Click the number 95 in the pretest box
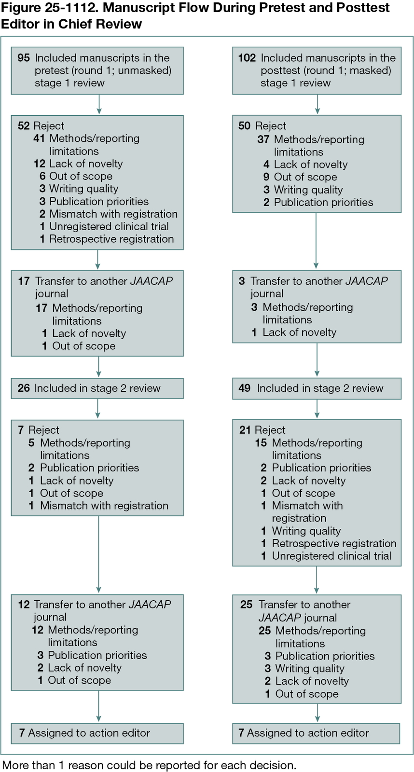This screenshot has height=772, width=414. pos(24,58)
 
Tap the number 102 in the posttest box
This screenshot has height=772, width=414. pos(247,58)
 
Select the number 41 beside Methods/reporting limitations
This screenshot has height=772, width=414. pos(39,138)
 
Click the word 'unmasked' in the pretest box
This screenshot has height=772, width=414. pos(145,70)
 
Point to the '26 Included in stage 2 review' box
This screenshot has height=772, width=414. pos(97,388)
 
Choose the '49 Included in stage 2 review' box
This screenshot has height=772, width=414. pos(317,388)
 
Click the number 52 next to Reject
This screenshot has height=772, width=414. pos(24,126)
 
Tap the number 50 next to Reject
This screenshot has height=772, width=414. pos(244,126)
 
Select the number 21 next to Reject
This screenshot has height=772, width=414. pos(245,430)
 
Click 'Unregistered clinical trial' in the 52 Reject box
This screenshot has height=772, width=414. pos(109,226)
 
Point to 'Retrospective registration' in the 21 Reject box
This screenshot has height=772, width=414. pos(334,543)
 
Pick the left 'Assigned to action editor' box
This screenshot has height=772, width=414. pos(97,733)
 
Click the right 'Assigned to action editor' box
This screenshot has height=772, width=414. pos(316,733)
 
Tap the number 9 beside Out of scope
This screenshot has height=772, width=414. pos(266,177)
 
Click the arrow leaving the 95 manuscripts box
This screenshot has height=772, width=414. pos(99,104)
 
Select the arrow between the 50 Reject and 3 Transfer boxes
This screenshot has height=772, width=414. pos(316,241)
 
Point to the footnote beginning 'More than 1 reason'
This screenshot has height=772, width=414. pos(149,765)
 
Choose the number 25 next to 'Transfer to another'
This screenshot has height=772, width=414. pos(246,605)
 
